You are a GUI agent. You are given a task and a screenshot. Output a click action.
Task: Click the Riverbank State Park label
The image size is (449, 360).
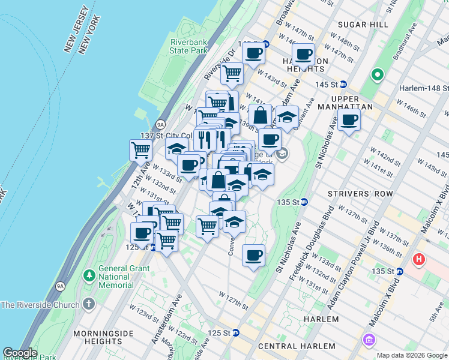point(188,47)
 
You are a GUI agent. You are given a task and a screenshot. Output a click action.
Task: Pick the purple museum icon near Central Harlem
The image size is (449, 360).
point(369,340)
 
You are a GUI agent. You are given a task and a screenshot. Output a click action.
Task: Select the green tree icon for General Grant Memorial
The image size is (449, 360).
point(89,275)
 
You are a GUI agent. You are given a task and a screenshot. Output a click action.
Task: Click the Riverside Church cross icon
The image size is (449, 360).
point(89,304)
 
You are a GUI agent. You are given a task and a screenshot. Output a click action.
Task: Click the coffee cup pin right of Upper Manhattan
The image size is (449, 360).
point(349,119)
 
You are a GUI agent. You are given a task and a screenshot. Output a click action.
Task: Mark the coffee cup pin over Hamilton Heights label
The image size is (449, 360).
point(304,55)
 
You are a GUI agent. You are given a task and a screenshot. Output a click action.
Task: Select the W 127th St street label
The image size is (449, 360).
point(234,300)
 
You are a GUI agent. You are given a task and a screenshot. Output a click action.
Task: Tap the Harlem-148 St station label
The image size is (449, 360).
point(423,88)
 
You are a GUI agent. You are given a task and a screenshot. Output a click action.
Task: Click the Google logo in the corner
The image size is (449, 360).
point(20,353)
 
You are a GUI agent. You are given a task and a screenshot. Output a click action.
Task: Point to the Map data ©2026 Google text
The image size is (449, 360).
point(411,355)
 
